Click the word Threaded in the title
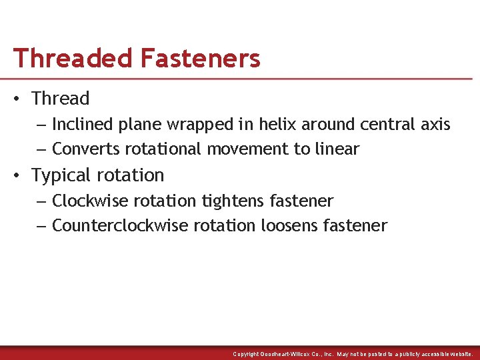pyautogui.click(x=73, y=59)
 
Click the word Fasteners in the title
pyautogui.click(x=200, y=59)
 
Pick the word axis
pyautogui.click(x=436, y=125)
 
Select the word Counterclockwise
pyautogui.click(x=120, y=226)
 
